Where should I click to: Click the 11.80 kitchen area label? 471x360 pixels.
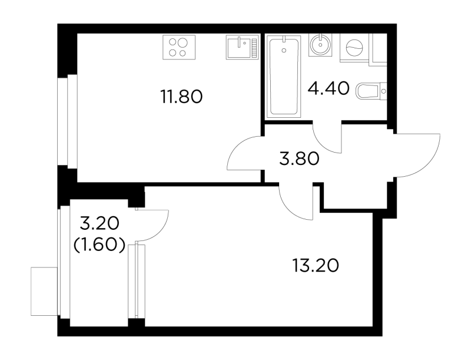point(182,97)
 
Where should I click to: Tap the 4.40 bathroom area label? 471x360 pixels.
point(329,88)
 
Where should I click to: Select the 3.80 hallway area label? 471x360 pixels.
point(299,159)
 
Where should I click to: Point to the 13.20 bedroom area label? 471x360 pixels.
point(316,266)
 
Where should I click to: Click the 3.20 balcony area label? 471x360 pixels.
point(99,223)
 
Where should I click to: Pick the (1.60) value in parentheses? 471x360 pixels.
point(99,246)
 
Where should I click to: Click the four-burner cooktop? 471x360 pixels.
point(179,47)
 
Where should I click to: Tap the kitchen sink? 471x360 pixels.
point(242,47)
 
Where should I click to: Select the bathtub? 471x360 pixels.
point(284,75)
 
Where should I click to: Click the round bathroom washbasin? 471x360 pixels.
point(321,45)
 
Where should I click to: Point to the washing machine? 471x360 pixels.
point(354,48)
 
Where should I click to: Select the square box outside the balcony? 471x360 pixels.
point(44,291)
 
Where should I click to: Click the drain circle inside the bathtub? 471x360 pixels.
point(284,50)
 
